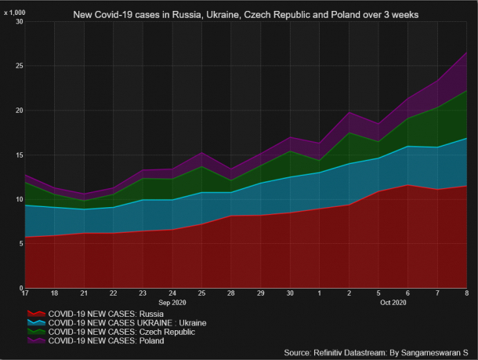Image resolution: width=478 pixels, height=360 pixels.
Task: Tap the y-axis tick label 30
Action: (x=19, y=22)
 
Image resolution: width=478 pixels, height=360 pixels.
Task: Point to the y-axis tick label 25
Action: (x=19, y=66)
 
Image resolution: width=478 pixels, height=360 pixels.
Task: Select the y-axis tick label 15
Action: (x=19, y=155)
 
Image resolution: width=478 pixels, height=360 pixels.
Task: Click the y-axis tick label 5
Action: (x=20, y=244)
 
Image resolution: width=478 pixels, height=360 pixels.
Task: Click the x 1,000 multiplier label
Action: (x=15, y=12)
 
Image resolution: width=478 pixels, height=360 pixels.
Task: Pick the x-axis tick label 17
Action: (x=25, y=293)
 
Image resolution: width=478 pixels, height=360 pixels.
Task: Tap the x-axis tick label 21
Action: (x=85, y=293)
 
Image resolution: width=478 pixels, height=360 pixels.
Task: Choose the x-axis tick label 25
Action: (x=202, y=293)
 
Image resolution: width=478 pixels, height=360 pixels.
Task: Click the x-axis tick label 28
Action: (x=231, y=293)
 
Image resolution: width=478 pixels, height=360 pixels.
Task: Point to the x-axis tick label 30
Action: (x=290, y=293)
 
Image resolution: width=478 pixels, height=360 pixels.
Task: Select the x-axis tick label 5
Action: (x=379, y=293)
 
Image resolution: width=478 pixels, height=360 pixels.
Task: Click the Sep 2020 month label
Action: (x=172, y=302)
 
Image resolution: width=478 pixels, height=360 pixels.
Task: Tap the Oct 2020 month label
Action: (x=393, y=302)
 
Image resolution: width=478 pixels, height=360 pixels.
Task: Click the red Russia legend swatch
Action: (x=35, y=313)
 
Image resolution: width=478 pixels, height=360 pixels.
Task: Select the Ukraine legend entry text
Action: (x=122, y=322)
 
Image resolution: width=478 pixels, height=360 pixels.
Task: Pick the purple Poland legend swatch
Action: (x=35, y=341)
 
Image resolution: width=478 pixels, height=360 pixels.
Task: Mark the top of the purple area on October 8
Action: (x=467, y=53)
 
